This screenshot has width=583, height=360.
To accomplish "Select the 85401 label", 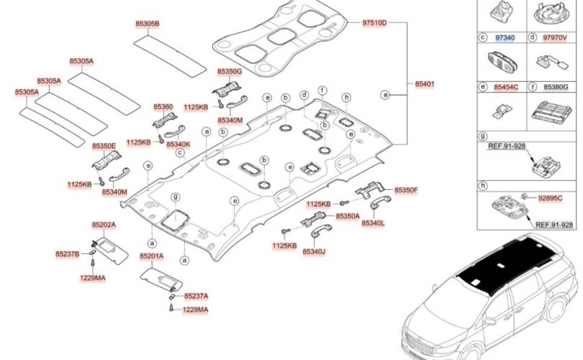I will click(424, 84).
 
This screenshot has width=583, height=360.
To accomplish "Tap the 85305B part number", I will click(147, 24).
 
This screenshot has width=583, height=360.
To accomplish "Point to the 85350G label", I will click(230, 72).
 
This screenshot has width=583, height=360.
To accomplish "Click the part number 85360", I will click(163, 107).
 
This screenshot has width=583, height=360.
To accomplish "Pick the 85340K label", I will click(178, 144).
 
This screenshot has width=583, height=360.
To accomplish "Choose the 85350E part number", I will click(104, 146).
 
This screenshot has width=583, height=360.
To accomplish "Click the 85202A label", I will click(104, 225).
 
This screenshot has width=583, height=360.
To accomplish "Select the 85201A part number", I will click(152, 256).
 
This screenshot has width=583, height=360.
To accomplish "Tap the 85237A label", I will click(196, 296).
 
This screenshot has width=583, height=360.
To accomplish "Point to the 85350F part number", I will click(405, 190).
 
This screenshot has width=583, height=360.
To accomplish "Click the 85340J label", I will click(314, 251).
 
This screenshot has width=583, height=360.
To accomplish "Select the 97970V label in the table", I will click(555, 37).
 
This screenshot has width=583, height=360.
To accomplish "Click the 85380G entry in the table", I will click(556, 87).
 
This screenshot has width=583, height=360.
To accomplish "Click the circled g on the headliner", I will click(175, 197).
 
